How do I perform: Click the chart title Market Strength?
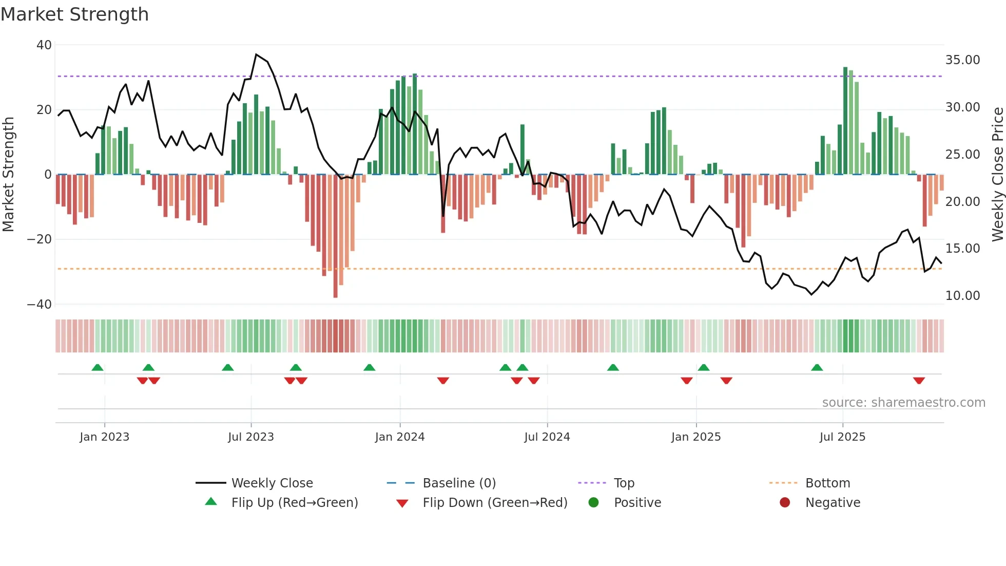click(x=74, y=14)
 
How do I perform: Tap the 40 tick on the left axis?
click(x=44, y=45)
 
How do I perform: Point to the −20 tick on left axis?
click(x=40, y=239)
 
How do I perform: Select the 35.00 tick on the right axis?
click(x=962, y=60)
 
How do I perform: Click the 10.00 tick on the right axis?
click(x=962, y=296)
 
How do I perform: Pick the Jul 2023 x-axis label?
click(x=251, y=437)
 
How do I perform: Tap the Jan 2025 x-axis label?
click(x=696, y=437)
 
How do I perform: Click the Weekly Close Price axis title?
click(x=997, y=175)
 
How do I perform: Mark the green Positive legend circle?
click(x=594, y=503)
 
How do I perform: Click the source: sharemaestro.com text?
click(x=903, y=403)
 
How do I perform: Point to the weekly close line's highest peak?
click(x=256, y=54)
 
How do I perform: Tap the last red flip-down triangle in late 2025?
click(x=919, y=381)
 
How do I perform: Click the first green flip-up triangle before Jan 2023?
click(x=98, y=367)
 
